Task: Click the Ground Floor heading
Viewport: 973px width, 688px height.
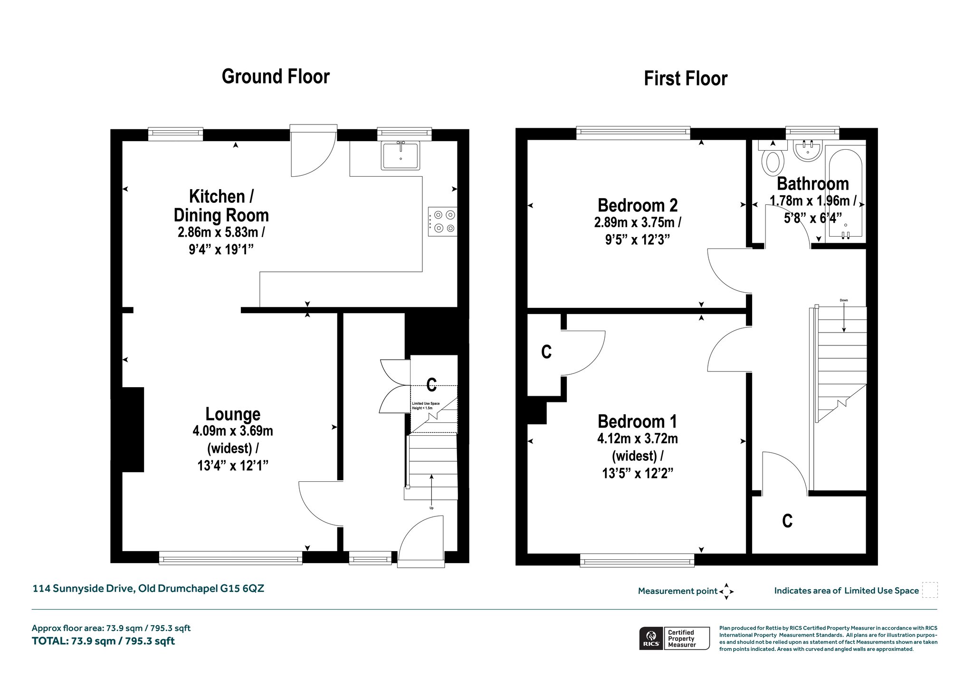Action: [276, 76]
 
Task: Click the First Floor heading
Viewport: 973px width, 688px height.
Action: [686, 78]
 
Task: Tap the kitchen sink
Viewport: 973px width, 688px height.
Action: [401, 155]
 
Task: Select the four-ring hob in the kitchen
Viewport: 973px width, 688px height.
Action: [442, 221]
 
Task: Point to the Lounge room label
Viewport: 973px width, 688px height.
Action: [233, 414]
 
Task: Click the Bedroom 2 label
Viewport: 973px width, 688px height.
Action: [638, 205]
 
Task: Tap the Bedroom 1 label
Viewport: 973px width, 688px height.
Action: [637, 421]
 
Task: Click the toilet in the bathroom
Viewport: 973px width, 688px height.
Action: [773, 159]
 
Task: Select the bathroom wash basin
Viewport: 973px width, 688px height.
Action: [808, 151]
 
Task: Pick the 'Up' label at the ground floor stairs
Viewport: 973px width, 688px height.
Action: [431, 508]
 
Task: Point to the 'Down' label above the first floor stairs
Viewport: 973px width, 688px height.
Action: [844, 300]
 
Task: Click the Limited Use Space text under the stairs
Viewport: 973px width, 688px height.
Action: [426, 406]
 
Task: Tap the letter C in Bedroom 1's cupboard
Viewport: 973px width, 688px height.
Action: [546, 352]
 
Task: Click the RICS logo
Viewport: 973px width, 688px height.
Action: [650, 638]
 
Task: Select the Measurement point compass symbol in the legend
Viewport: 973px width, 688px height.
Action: [726, 592]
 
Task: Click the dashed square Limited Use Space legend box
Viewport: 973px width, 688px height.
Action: [930, 590]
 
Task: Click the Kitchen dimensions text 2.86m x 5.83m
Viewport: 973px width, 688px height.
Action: [221, 232]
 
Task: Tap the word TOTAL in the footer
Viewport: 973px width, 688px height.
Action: [50, 641]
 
